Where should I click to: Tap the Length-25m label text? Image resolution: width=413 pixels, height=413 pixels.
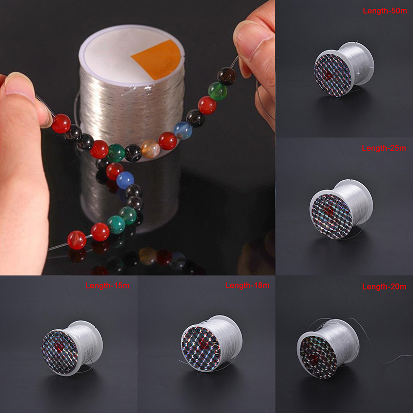384,148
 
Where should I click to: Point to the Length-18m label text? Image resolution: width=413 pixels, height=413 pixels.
247,285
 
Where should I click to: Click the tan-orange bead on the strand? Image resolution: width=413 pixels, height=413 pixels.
150,149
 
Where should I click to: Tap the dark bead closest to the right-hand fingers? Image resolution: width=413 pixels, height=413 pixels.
226,76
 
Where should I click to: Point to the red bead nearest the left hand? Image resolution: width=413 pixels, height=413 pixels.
61,123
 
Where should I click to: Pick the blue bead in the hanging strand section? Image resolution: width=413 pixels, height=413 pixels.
124,180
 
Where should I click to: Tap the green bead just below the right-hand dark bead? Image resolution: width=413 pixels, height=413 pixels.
217,91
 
